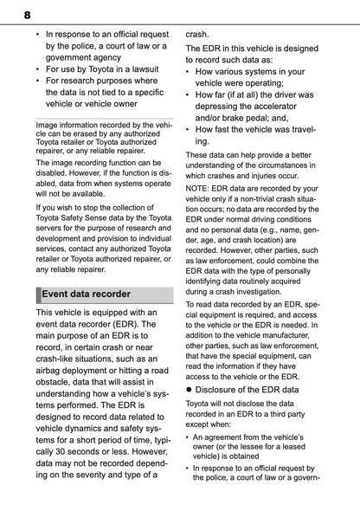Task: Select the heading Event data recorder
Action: click(89, 294)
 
